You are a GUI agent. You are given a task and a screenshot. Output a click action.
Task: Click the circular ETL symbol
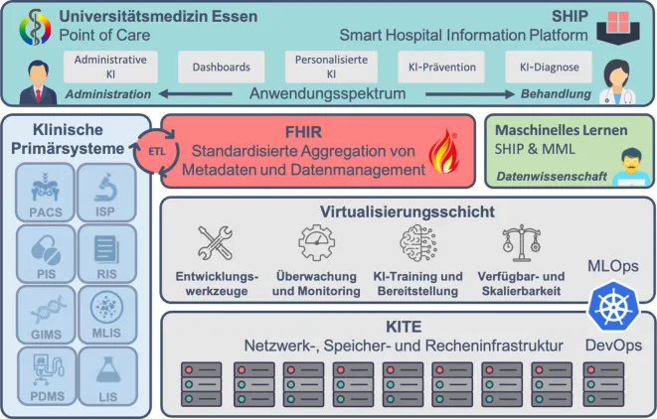pos(153,157)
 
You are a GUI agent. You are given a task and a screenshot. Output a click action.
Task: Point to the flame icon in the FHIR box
pos(438,156)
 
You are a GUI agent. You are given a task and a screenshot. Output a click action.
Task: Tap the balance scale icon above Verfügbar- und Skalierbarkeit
pos(520,243)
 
